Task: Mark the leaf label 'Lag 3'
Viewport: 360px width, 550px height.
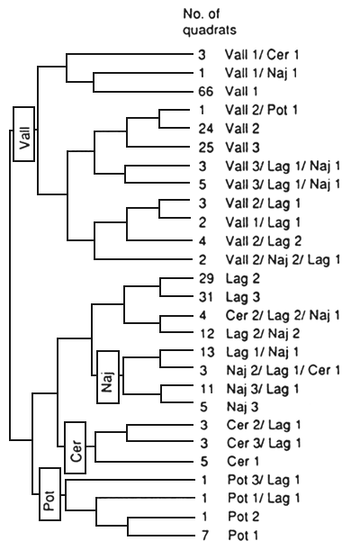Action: pyautogui.click(x=238, y=298)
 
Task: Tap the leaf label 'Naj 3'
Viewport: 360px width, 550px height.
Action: pyautogui.click(x=238, y=406)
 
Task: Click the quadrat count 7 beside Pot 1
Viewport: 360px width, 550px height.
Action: pyautogui.click(x=203, y=536)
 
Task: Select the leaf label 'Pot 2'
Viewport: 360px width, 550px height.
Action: pyautogui.click(x=238, y=518)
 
